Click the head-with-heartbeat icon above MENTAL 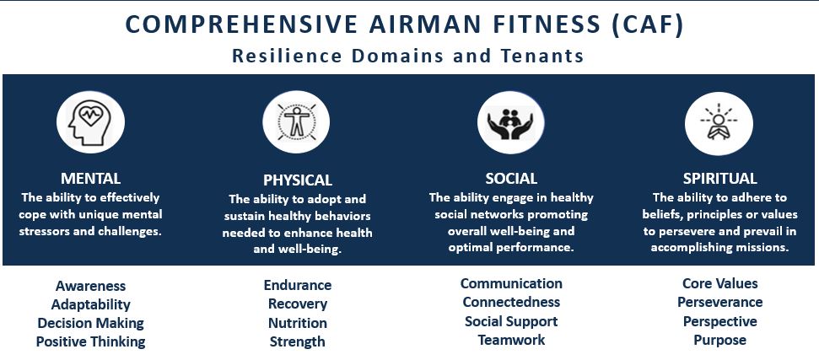click(x=90, y=122)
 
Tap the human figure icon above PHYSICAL click(x=296, y=122)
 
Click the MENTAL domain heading click(x=90, y=179)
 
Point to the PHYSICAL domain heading click(x=298, y=180)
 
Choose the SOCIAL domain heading click(x=511, y=179)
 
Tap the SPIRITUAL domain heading click(x=719, y=179)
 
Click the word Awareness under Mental click(x=90, y=286)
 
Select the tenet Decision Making click(x=90, y=323)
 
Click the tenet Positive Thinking click(x=90, y=341)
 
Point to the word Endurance click(x=298, y=285)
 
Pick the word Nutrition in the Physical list click(x=298, y=323)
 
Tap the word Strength click(x=298, y=341)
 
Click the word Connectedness click(x=511, y=302)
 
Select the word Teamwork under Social click(x=511, y=340)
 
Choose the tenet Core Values click(x=719, y=283)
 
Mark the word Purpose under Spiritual click(x=719, y=340)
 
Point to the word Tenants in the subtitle click(x=540, y=56)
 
